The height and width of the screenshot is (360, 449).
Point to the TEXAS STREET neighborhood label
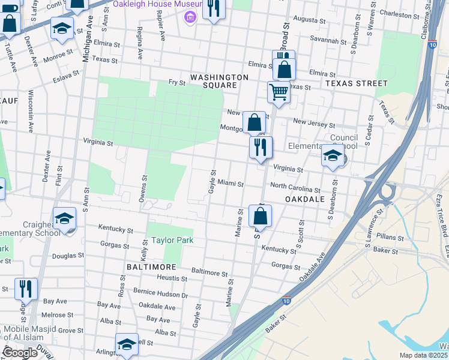357,83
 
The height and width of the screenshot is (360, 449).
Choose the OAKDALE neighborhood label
305,199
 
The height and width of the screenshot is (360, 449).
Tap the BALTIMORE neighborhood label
151,266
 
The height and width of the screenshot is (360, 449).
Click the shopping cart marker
279,92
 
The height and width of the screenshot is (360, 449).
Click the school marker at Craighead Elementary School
64,218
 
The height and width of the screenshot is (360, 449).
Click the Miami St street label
231,183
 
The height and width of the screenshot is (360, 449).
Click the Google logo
20,353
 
